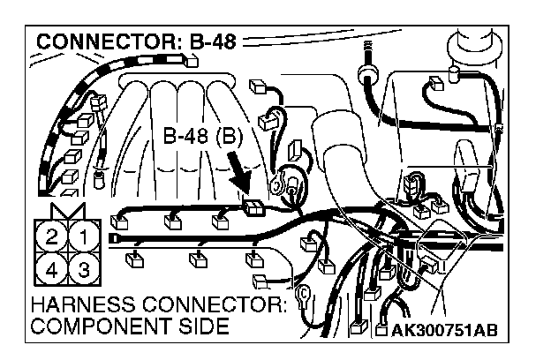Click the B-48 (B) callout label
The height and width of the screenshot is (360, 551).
click(203, 139)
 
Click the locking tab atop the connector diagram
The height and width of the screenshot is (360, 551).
click(69, 209)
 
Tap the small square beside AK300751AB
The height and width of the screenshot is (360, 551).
click(381, 332)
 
